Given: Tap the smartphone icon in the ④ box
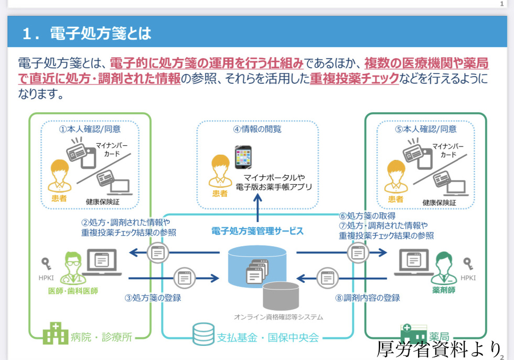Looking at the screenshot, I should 243,157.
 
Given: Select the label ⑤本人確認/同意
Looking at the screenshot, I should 425,129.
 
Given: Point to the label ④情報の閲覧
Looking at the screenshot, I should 257,129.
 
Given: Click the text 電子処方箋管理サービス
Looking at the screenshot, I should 257,230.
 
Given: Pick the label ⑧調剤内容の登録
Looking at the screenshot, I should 367,298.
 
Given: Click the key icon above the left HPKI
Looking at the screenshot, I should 46,262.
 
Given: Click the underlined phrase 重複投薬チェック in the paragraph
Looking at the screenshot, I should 354,79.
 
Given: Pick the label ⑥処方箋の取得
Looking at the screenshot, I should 367,216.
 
